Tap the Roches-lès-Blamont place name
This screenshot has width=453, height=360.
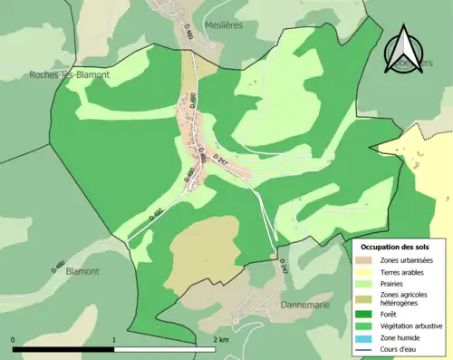pos(57,75)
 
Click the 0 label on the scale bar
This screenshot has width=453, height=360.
pos(13,339)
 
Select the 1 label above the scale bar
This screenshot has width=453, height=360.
pos(114,339)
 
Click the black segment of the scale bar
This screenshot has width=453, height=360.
pos(63,349)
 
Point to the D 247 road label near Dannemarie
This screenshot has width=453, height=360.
pos(284,268)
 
